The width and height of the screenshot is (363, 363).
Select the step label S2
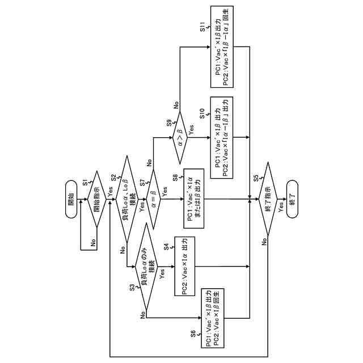(x=113, y=178)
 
